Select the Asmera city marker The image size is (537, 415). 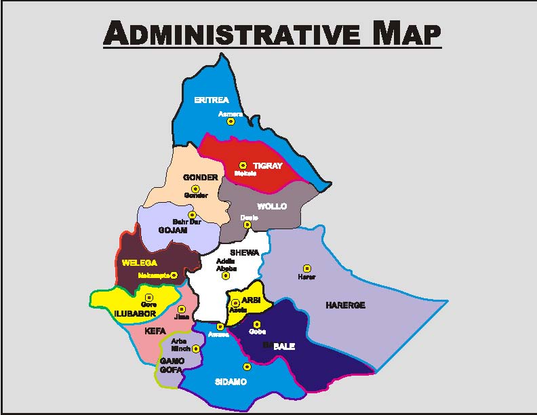[231, 122]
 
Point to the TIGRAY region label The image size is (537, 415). [267, 165]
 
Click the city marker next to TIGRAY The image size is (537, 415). [243, 165]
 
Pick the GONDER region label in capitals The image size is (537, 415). [201, 178]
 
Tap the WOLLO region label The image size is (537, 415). [272, 206]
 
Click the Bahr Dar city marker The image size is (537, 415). [192, 215]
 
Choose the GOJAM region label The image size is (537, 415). [173, 230]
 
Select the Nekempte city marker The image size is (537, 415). [174, 275]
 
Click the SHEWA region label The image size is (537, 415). [245, 253]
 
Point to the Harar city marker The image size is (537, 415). [306, 269]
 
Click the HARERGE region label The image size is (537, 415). [345, 305]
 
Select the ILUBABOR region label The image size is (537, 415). [134, 313]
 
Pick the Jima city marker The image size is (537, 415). [182, 309]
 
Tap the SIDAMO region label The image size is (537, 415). [231, 382]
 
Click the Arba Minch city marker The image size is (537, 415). [195, 349]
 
